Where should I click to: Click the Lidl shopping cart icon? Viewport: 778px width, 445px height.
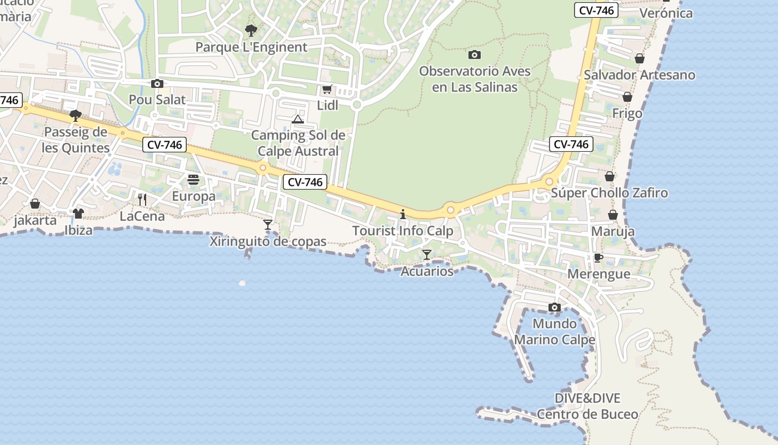pos(327,90)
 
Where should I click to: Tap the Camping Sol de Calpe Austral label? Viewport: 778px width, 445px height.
pos(298,143)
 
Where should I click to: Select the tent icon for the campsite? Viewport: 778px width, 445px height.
pos(298,119)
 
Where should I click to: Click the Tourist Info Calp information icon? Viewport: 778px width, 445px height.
pos(403,214)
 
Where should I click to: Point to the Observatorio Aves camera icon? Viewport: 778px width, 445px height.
pos(474,55)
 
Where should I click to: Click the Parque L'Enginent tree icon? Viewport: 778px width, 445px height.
pos(251,30)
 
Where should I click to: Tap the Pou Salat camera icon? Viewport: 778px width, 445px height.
pos(157,84)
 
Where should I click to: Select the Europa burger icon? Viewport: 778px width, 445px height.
pos(193,180)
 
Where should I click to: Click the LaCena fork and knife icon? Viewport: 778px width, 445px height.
pos(142,199)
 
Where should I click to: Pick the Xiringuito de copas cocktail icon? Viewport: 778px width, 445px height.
pos(268,225)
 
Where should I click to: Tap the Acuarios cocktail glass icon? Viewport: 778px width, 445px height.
pos(427,255)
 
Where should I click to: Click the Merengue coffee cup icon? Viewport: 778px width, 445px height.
pos(599,258)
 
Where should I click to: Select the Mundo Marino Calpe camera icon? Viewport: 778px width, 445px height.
pos(554,307)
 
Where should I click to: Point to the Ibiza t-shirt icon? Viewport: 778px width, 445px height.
pos(78,213)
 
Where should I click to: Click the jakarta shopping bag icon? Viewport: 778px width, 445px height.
pos(35,204)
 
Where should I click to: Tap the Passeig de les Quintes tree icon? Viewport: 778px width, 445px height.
pos(76,116)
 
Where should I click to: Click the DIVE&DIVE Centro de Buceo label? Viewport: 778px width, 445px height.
pos(587,406)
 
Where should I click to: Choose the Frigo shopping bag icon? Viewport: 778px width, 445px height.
pos(627,97)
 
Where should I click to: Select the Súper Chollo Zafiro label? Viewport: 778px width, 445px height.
pos(609,193)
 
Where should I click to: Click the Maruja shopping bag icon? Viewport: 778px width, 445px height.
pos(613,215)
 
